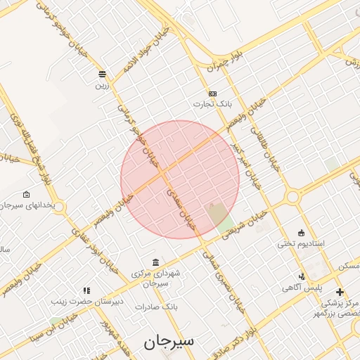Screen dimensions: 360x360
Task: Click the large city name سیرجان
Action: pos(169,342)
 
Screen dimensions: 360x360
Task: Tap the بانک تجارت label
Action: pos(212,104)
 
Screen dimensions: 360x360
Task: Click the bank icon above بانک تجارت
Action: pos(212,94)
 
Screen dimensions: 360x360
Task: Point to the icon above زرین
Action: pos(103,74)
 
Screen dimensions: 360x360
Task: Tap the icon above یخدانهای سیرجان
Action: pos(27,194)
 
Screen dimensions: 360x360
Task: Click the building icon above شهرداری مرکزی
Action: pos(155,262)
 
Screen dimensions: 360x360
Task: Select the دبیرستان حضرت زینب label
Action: pos(77,301)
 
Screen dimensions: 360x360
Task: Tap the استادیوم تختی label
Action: pos(300,243)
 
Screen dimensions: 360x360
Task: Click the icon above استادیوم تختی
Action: pos(302,233)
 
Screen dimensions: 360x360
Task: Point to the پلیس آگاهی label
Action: pos(302,288)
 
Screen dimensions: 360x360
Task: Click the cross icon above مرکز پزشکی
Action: pos(340,292)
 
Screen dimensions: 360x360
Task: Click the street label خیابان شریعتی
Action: pos(245,226)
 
